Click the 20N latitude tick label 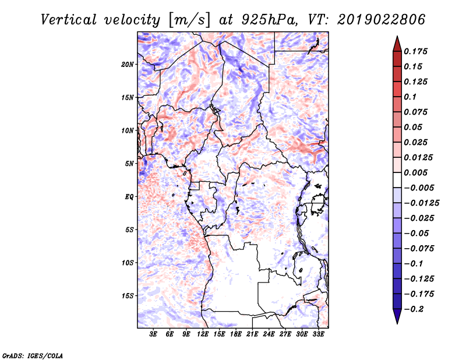tap(128, 65)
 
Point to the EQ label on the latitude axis tap(129, 197)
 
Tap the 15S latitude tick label tap(128, 296)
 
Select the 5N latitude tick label tap(129, 164)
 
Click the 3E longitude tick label tap(153, 334)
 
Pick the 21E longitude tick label tap(252, 334)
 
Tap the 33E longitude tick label tap(318, 334)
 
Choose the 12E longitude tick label tap(203, 334)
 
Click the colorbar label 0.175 tap(415, 51)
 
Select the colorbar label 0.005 tap(415, 172)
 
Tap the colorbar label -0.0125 tap(422, 203)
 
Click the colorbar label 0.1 tap(410, 97)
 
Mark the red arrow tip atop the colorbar tap(397, 36)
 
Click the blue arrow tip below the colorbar tap(397, 323)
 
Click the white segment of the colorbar tap(397, 180)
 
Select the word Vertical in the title tap(69, 20)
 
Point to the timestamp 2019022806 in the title tap(382, 20)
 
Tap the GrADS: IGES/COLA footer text tap(33, 355)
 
